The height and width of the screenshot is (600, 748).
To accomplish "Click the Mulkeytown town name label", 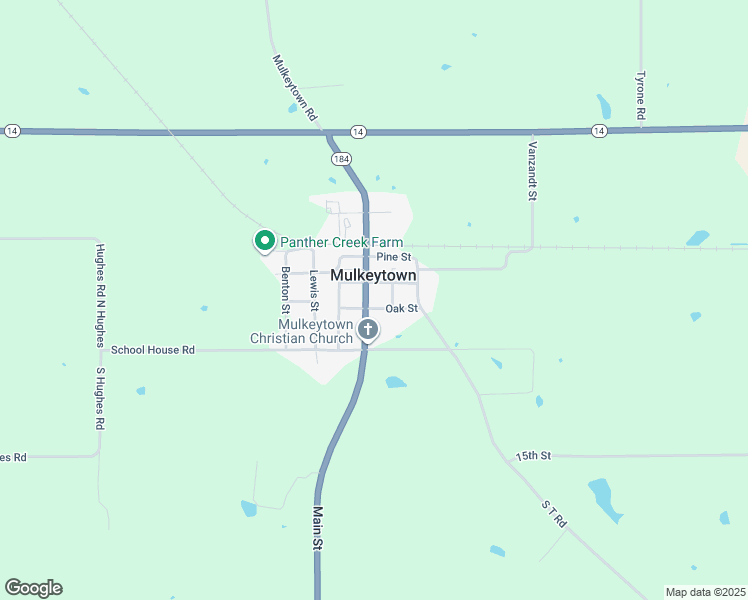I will click(373, 275).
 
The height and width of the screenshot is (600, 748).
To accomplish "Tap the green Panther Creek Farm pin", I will click(264, 241).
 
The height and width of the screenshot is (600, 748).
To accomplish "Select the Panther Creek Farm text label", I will click(341, 242).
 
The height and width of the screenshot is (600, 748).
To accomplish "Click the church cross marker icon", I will click(368, 329).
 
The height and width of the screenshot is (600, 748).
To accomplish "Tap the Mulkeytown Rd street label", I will click(294, 89).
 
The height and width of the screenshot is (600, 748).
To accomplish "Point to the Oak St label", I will click(401, 309).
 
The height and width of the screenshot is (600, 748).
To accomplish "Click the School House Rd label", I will click(152, 350).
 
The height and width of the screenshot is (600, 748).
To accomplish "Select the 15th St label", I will click(533, 456).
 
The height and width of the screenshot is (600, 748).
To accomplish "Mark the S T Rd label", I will click(554, 515).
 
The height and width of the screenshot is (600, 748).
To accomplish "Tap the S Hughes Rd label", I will click(100, 398).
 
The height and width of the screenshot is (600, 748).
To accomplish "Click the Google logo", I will click(33, 588).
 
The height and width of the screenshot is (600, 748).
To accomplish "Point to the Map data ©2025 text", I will click(705, 592).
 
